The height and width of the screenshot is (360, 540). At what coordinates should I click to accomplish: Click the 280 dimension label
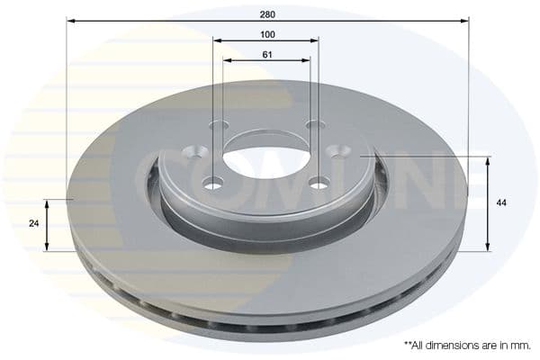tap(267, 14)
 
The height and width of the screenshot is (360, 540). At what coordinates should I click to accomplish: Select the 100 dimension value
tap(267, 34)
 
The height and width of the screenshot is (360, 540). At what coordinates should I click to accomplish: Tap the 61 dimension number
tap(267, 54)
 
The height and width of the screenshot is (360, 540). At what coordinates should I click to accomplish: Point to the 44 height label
tap(501, 202)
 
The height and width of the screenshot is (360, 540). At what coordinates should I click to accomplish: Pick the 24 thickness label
tap(34, 223)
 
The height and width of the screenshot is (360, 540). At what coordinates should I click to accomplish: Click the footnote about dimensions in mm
tap(467, 346)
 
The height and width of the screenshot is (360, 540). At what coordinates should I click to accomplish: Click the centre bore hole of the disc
tap(268, 162)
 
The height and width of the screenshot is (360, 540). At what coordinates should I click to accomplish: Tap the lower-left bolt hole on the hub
tap(213, 182)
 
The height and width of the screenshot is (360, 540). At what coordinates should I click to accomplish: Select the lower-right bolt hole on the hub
tap(319, 183)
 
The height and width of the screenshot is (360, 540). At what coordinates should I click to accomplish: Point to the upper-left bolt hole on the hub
tap(197, 152)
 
